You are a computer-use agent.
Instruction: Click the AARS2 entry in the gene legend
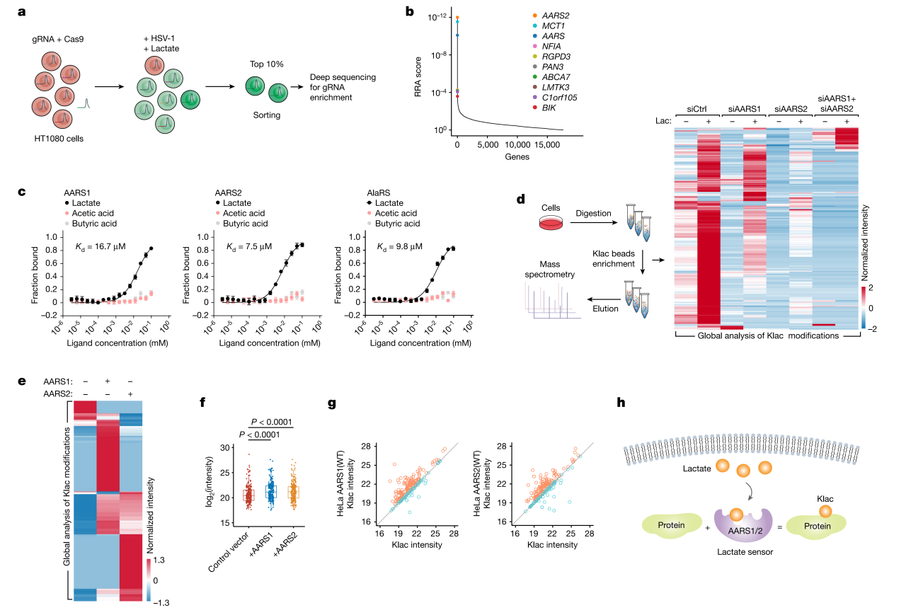point(557,16)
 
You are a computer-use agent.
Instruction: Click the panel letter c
point(22,192)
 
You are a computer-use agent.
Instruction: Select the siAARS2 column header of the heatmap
point(788,109)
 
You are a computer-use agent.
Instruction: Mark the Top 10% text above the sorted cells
point(266,64)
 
